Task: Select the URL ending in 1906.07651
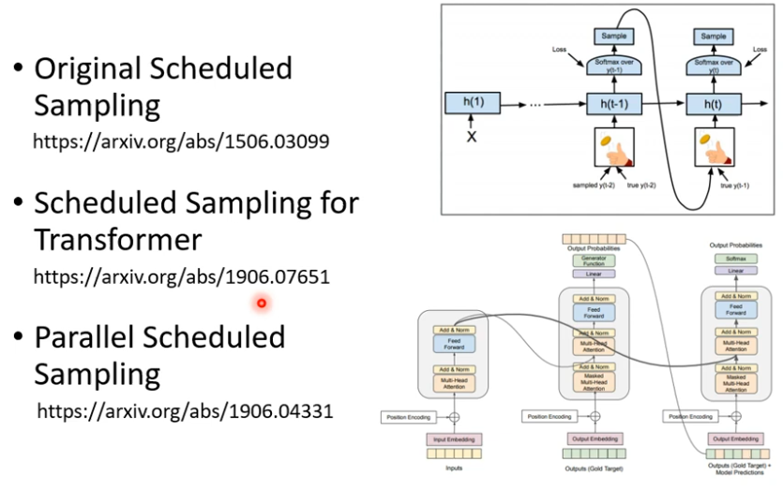181,277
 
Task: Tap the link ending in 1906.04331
185,411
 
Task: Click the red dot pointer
261,303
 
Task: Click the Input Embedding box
452,438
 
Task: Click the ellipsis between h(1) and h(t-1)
536,104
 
